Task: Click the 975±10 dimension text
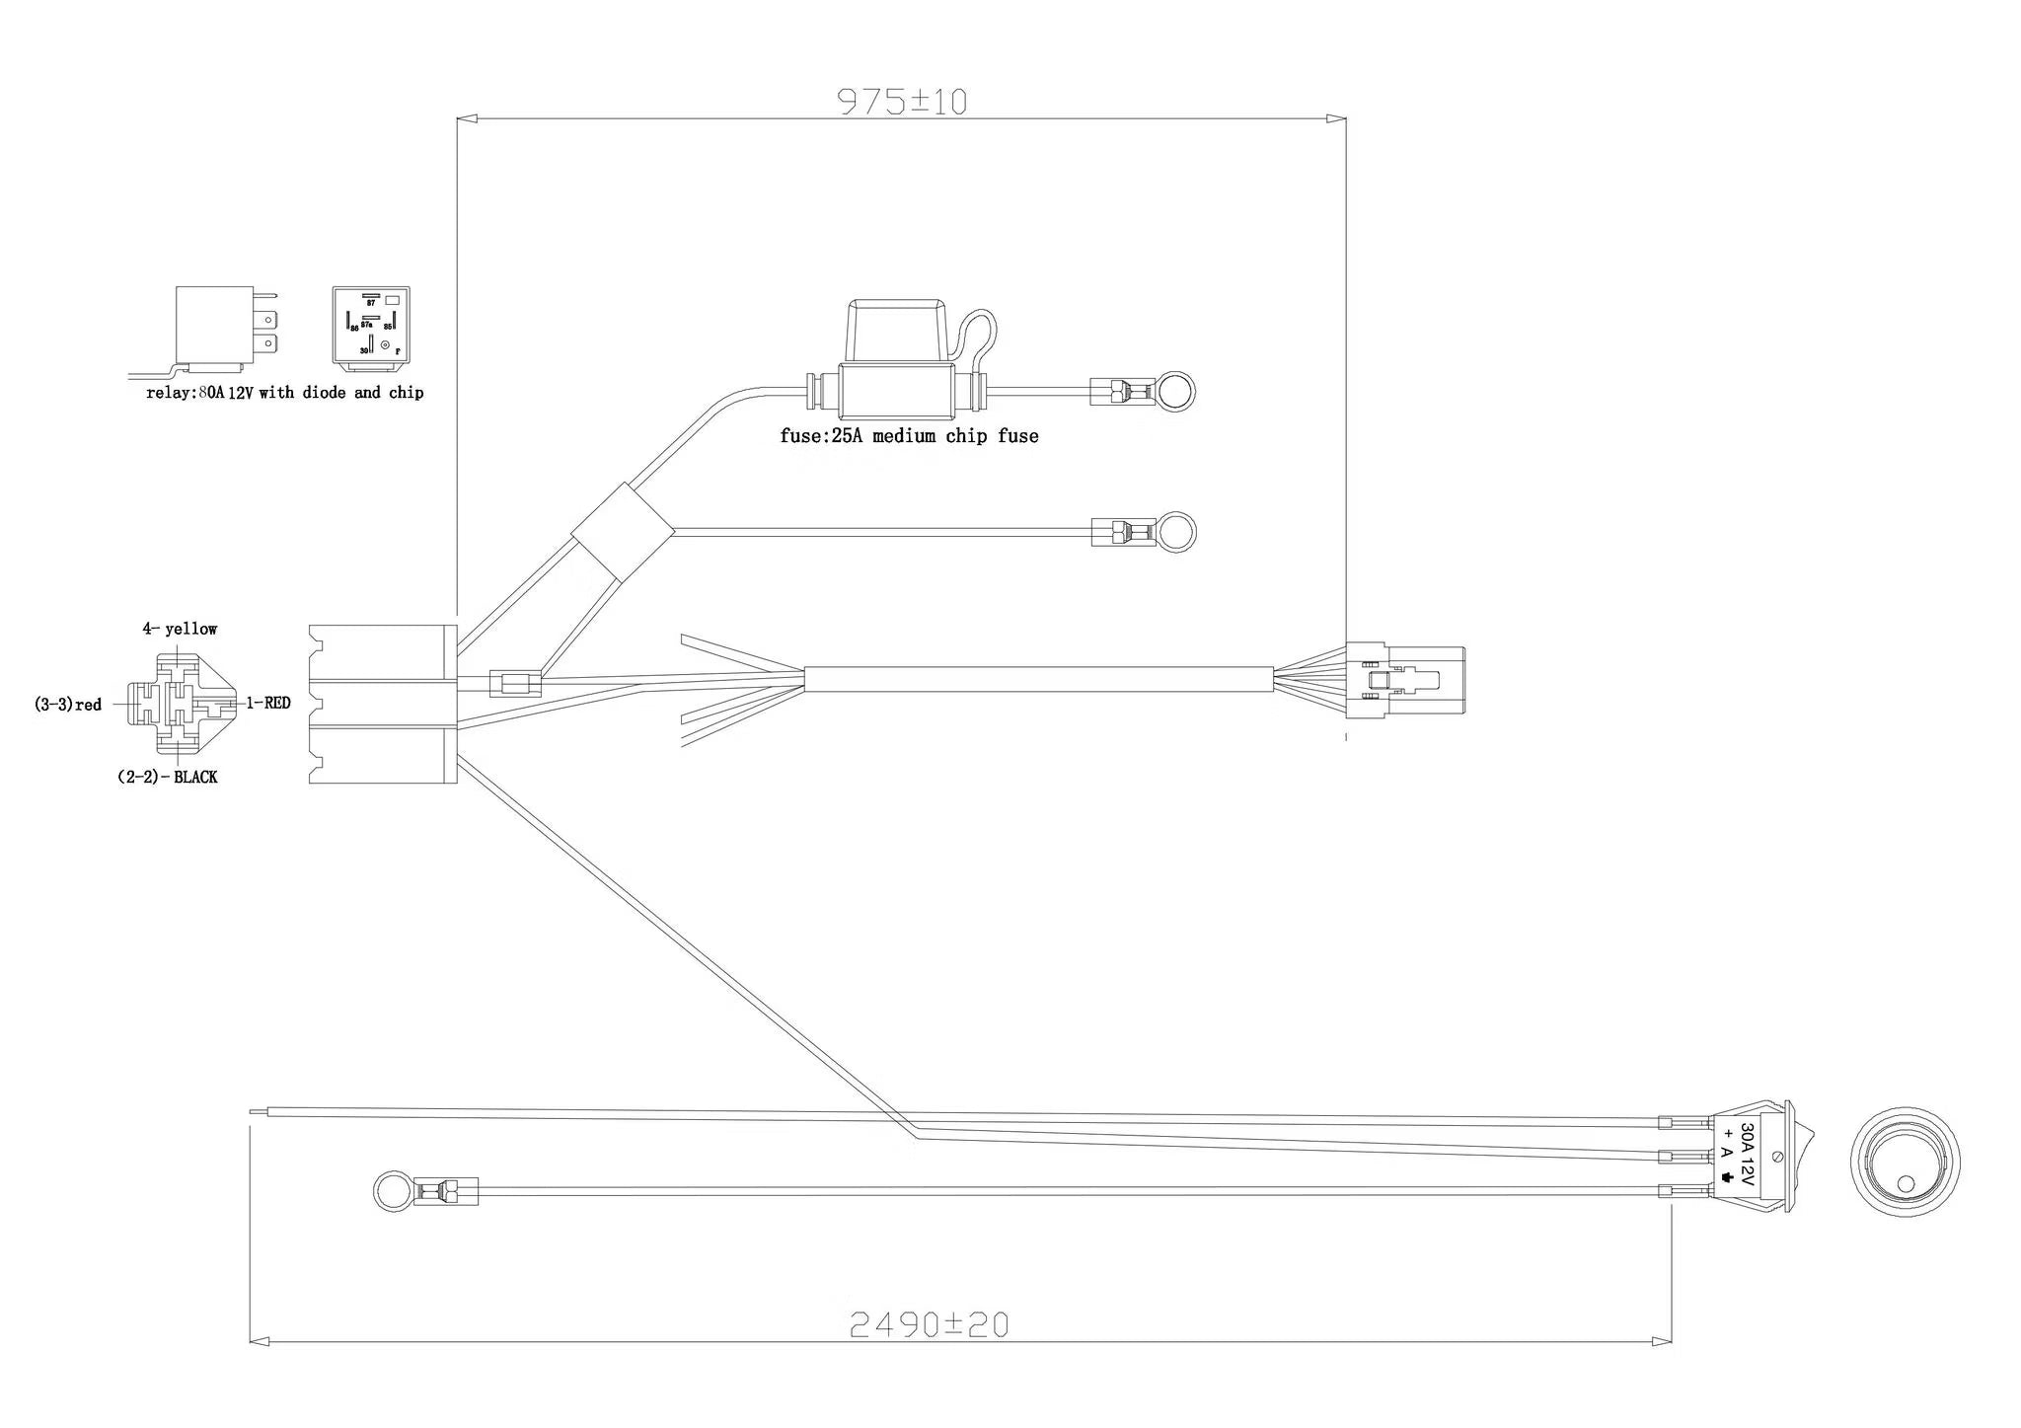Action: point(902,102)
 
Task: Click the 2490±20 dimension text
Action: point(930,1324)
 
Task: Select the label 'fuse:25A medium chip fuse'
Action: point(909,436)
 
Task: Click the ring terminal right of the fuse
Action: point(1173,391)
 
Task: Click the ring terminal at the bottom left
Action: point(391,1191)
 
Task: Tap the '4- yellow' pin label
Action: point(180,629)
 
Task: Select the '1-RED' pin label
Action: point(268,703)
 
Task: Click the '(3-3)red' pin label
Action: point(68,705)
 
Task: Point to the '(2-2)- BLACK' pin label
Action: point(167,777)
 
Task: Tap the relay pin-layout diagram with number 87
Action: point(370,325)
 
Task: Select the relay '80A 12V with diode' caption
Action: point(284,393)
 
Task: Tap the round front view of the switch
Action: point(1904,1161)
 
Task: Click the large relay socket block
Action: point(382,704)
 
